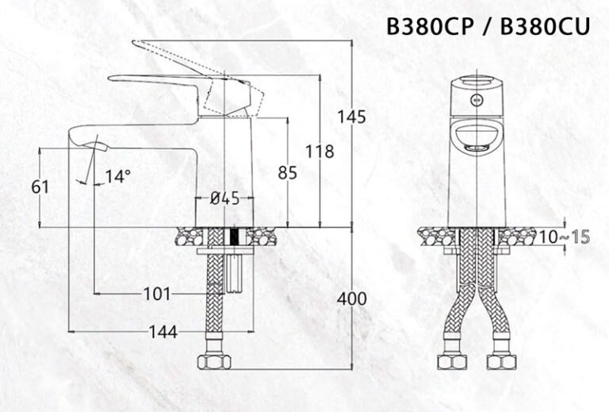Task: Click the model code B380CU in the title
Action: click(546, 27)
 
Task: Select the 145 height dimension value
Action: click(351, 117)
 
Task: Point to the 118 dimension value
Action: click(319, 151)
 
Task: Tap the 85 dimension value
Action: click(286, 171)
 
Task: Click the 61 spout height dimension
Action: click(40, 187)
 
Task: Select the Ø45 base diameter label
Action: click(224, 199)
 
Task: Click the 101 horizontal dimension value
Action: click(156, 294)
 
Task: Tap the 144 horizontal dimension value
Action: click(161, 331)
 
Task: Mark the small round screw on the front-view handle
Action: click(477, 101)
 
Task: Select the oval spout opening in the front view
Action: click(476, 137)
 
